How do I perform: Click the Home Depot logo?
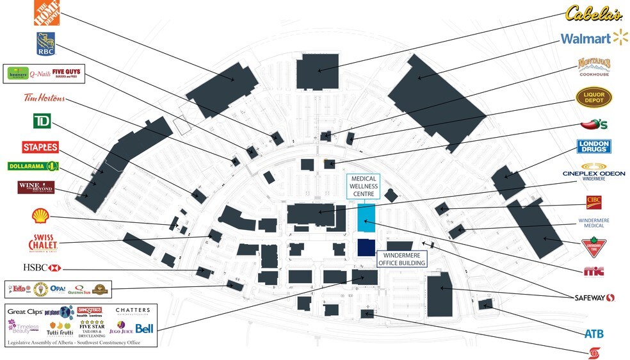(46, 14)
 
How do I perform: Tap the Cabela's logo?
(594, 13)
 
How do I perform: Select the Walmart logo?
(594, 38)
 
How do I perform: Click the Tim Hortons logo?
(44, 98)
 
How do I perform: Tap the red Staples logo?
(40, 147)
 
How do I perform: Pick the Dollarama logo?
(33, 167)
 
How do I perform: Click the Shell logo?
(38, 217)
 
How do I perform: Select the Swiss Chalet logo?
(44, 243)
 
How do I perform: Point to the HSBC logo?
(42, 267)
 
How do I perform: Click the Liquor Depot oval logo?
(594, 97)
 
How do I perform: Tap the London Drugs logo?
(594, 147)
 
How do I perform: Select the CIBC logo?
(594, 202)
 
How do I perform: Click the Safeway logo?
(594, 298)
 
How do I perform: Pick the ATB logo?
(594, 334)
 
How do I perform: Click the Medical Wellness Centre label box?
(363, 186)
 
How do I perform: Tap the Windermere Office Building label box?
(401, 259)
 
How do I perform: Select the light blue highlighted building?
(366, 218)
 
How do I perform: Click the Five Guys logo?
(67, 74)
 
